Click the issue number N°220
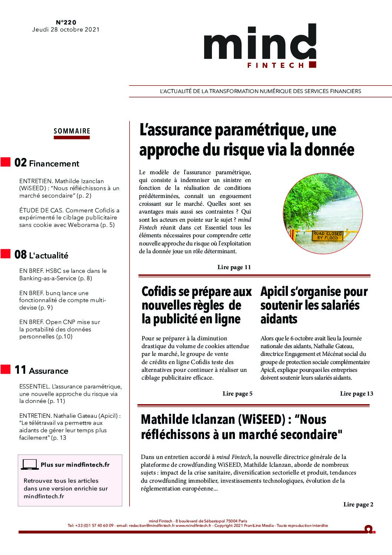coord(66,23)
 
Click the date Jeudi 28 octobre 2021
coord(66,30)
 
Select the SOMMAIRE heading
coord(72,131)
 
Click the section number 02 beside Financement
coord(20,163)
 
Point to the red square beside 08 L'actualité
coord(6,254)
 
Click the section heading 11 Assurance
coord(41,370)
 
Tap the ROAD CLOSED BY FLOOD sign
coord(328,236)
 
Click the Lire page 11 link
coord(234,267)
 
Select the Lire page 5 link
coord(237,394)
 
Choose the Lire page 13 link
coord(356,394)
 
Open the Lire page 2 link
coord(358,504)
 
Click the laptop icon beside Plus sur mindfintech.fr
coord(30,465)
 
